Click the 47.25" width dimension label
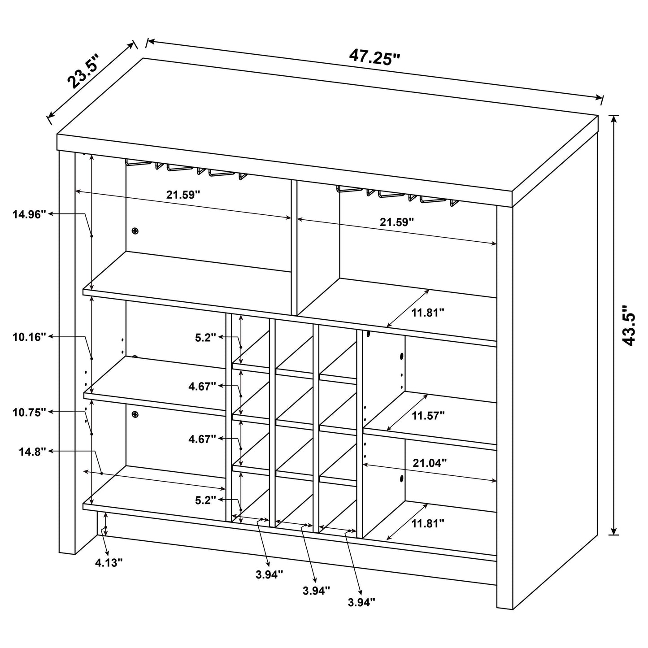[374, 57]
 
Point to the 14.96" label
[30, 215]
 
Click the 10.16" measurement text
[30, 337]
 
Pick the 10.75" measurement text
[30, 412]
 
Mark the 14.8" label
[32, 452]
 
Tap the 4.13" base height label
[109, 563]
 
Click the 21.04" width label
[430, 463]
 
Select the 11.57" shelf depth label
[428, 416]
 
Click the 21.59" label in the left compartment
[183, 195]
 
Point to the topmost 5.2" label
[205, 337]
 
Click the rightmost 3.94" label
[361, 602]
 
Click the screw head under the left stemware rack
[135, 231]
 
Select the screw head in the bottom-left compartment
[135, 415]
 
